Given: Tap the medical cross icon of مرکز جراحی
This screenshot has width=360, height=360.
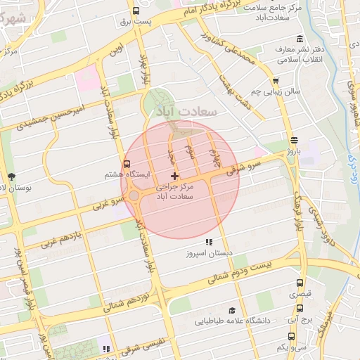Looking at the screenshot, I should pyautogui.click(x=175, y=175).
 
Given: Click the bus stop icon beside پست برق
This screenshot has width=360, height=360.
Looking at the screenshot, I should pyautogui.click(x=136, y=11).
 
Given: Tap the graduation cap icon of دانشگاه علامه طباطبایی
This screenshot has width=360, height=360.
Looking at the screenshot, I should pyautogui.click(x=231, y=310).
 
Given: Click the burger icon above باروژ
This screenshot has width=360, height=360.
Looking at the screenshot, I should pyautogui.click(x=292, y=139).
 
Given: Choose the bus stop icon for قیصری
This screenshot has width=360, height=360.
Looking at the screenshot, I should pyautogui.click(x=300, y=284).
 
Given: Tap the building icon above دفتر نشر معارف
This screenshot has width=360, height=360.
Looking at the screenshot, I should pyautogui.click(x=300, y=38).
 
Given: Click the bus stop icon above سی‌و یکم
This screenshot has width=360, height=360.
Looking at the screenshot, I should pyautogui.click(x=300, y=335).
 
